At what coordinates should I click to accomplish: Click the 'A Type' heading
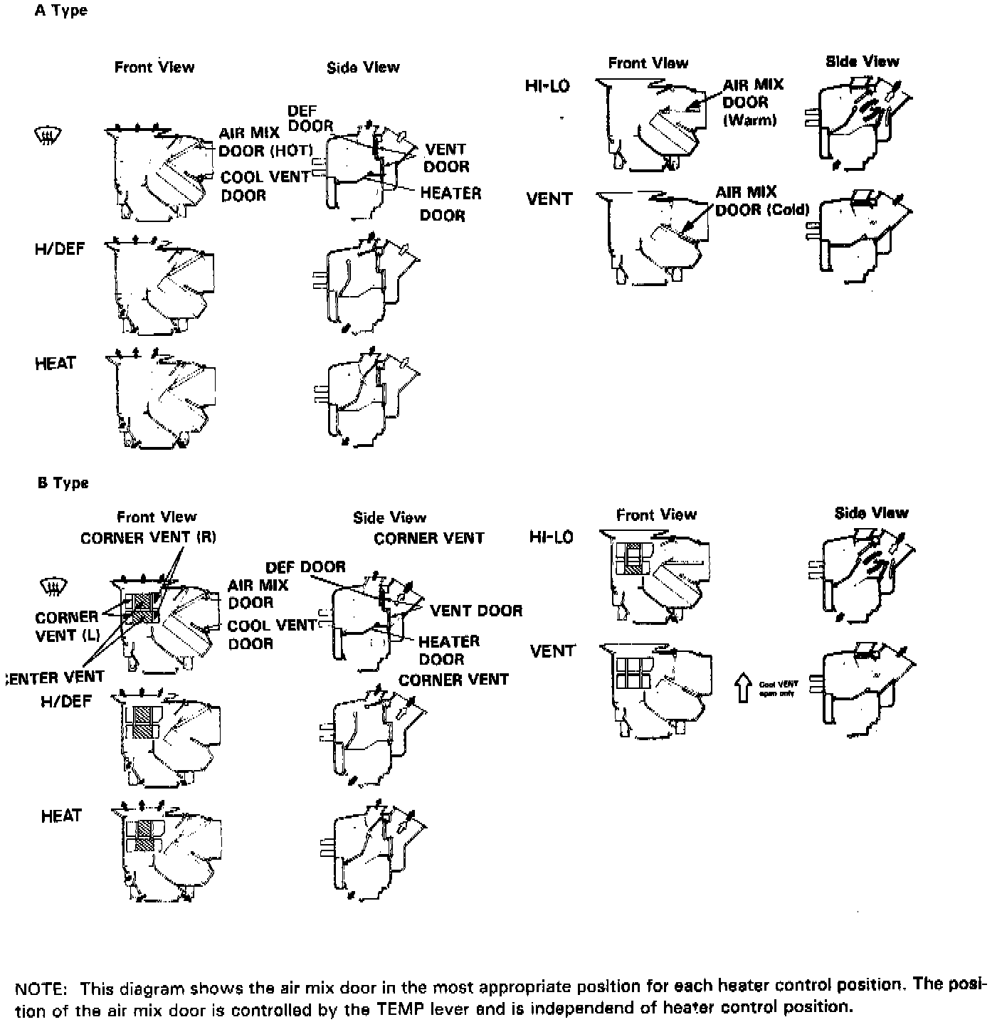60,11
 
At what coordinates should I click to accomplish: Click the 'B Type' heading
63,483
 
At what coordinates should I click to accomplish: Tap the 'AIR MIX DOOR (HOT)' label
265,142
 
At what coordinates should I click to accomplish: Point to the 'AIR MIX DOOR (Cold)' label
761,201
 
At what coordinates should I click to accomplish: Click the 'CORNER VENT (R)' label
148,538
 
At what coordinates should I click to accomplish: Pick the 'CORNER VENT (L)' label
67,626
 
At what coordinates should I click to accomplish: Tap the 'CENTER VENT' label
56,677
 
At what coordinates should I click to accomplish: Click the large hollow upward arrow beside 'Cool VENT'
743,688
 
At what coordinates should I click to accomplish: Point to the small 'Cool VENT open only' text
779,689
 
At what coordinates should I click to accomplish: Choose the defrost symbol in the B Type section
53,587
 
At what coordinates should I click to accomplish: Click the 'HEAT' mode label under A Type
55,364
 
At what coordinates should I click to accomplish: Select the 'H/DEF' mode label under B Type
66,702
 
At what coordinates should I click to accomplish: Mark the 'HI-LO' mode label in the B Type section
551,537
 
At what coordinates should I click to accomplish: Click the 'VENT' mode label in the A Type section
549,199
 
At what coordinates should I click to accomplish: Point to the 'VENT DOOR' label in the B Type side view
476,611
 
